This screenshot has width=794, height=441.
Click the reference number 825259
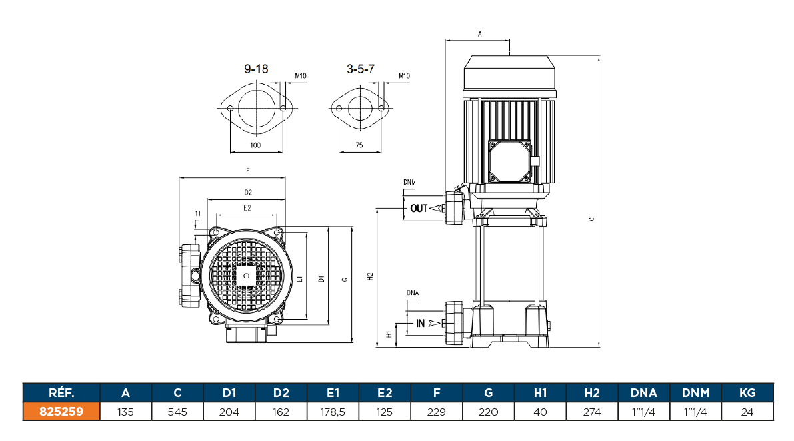61,412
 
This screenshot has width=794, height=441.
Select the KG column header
747,392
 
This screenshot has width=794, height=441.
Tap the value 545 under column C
178,412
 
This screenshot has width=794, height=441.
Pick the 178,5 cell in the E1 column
333,412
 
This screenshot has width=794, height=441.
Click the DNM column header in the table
695,392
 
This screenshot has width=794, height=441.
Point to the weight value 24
747,412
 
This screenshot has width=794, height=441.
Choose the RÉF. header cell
61,392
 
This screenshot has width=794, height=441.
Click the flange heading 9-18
257,69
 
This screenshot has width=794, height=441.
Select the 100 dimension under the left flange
255,145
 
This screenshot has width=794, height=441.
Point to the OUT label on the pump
419,209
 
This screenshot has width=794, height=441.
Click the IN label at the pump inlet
421,324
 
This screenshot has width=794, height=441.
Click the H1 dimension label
389,335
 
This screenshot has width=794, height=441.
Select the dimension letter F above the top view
248,171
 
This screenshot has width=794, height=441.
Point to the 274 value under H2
592,412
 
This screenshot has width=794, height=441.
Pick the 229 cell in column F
436,412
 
